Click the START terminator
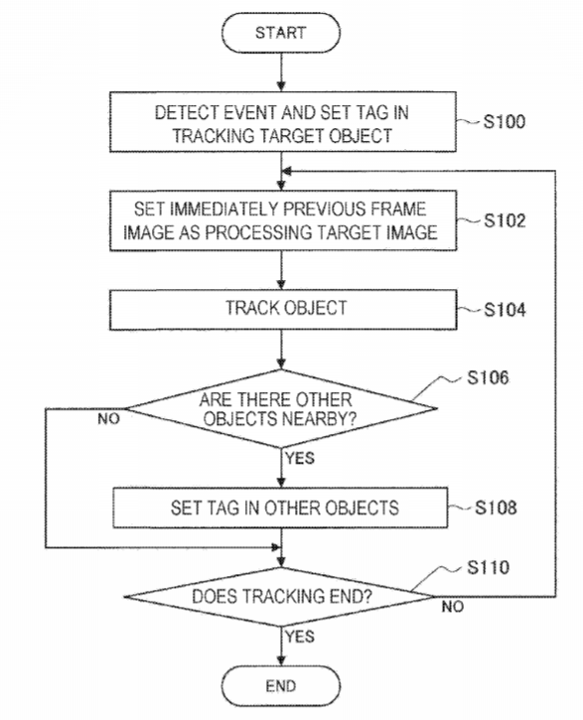[281, 33]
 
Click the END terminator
[281, 686]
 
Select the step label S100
[505, 122]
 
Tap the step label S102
[505, 220]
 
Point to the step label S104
[505, 310]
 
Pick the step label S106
[488, 377]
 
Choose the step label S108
[496, 507]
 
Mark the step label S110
[488, 567]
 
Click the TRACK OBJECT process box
[283, 310]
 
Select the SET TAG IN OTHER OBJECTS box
[280, 507]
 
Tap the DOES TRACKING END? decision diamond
[279, 597]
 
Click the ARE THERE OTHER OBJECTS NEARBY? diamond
[281, 408]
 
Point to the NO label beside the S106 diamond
[108, 419]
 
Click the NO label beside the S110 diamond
[453, 607]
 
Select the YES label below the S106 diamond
[300, 458]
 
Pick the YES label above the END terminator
[300, 637]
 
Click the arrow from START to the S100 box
[281, 72]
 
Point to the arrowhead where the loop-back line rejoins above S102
[285, 171]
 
